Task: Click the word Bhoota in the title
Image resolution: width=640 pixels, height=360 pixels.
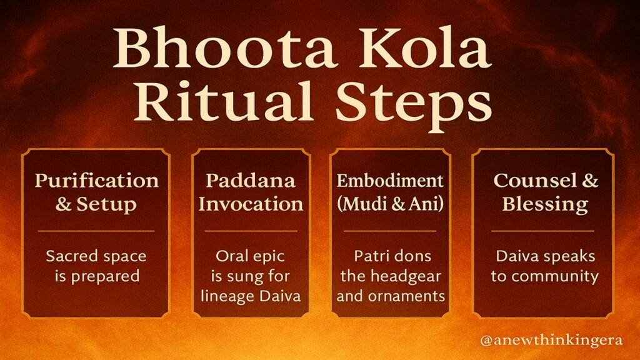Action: pyautogui.click(x=225, y=47)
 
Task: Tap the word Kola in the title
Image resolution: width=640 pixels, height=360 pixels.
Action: pyautogui.click(x=425, y=47)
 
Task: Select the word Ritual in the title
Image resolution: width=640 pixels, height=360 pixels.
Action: pyautogui.click(x=224, y=101)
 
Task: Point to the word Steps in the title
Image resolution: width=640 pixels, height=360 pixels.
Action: pyautogui.click(x=414, y=105)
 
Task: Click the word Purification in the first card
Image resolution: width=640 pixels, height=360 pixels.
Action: pyautogui.click(x=97, y=181)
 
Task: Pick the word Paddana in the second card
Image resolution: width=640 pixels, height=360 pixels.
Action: pyautogui.click(x=250, y=180)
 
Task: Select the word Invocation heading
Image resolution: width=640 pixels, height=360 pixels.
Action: pyautogui.click(x=251, y=204)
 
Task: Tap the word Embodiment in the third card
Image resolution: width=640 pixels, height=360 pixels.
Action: pyautogui.click(x=390, y=181)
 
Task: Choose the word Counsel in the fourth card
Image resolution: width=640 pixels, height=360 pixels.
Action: pyautogui.click(x=535, y=181)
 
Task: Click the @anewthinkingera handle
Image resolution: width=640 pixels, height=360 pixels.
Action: pyautogui.click(x=551, y=340)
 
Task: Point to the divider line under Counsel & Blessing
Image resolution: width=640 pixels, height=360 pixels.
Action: pyautogui.click(x=542, y=231)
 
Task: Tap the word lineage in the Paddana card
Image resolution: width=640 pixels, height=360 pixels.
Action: pyautogui.click(x=227, y=296)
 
